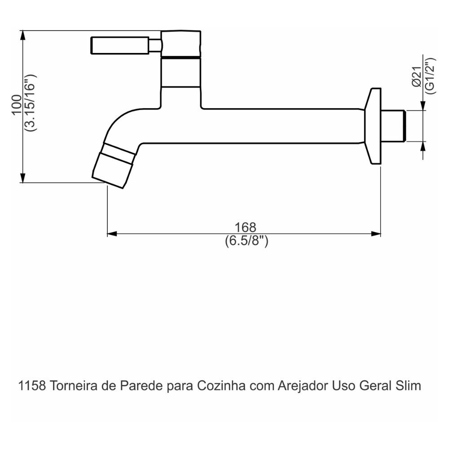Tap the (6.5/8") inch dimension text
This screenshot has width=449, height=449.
pyautogui.click(x=247, y=241)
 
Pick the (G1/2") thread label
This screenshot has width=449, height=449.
pyautogui.click(x=430, y=75)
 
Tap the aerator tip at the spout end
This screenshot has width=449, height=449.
pyautogui.click(x=112, y=169)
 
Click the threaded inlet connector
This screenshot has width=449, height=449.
pyautogui.click(x=394, y=126)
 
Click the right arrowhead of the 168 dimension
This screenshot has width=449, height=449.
pyautogui.click(x=376, y=234)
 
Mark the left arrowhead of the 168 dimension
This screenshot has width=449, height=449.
pyautogui.click(x=112, y=234)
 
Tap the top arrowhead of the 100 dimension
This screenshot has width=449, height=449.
pyautogui.click(x=22, y=35)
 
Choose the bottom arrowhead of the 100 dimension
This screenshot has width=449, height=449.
pyautogui.click(x=22, y=178)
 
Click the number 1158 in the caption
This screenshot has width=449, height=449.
pyautogui.click(x=32, y=386)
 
